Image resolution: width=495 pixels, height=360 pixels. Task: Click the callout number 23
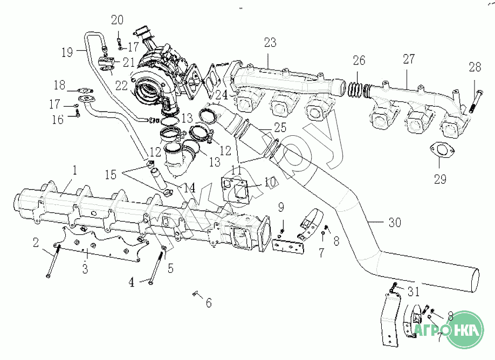[270, 43]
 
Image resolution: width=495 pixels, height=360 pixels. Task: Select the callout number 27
[409, 59]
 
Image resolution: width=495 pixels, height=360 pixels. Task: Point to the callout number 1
[75, 170]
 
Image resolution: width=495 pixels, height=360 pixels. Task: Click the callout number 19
[67, 52]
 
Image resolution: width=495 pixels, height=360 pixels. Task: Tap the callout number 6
[209, 302]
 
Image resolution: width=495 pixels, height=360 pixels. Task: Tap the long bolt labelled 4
[155, 267]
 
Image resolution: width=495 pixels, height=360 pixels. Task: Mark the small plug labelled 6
[195, 294]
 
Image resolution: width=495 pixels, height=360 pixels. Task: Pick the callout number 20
[118, 20]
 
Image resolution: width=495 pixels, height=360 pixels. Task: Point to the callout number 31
[413, 292]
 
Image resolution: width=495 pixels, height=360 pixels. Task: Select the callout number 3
[85, 268]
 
